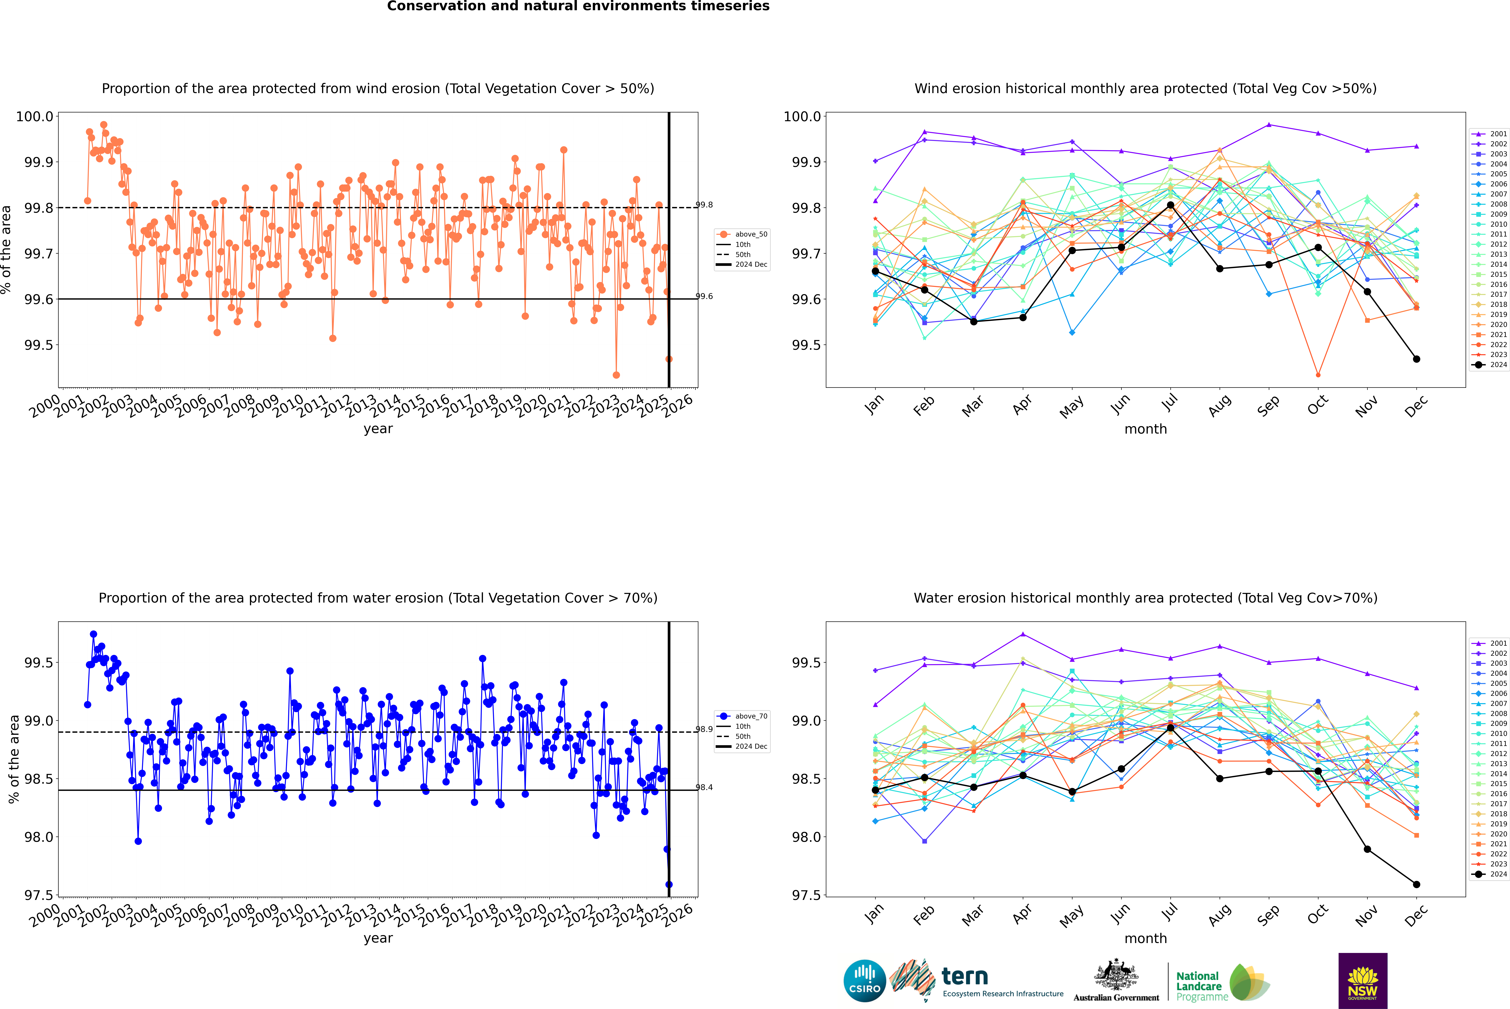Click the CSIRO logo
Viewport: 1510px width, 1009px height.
[x=865, y=981]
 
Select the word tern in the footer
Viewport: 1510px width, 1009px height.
[x=964, y=976]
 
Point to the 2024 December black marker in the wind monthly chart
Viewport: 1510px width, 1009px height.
[x=1416, y=359]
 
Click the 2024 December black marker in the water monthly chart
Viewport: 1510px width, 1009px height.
[x=1416, y=884]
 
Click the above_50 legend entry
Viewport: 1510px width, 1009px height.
[x=742, y=234]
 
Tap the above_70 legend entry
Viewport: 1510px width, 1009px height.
[x=742, y=716]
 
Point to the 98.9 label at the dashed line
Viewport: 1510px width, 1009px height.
[x=704, y=729]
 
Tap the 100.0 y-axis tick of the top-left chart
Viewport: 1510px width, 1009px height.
[x=35, y=116]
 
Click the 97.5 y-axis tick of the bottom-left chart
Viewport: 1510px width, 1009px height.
[x=39, y=895]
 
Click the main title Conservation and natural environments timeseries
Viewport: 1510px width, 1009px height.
[x=578, y=6]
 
